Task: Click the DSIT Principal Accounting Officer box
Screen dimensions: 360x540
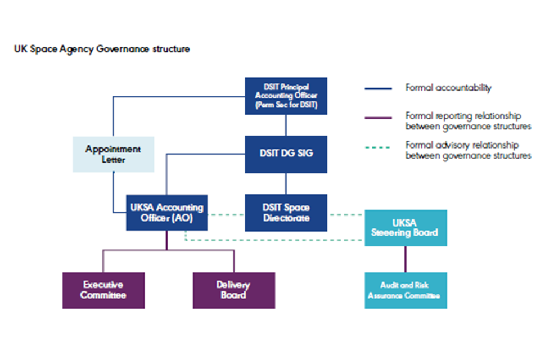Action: click(286, 96)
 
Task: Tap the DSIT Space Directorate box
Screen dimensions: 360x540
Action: click(286, 213)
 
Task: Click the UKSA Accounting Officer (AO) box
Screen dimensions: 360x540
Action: click(166, 213)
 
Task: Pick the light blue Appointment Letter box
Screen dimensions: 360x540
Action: click(113, 154)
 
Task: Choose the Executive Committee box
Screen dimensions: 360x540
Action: click(103, 290)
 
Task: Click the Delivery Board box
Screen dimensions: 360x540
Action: click(233, 290)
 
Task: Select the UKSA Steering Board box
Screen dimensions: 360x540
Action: click(406, 228)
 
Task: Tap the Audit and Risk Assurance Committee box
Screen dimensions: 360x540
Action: click(406, 290)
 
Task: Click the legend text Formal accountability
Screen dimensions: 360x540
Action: click(448, 88)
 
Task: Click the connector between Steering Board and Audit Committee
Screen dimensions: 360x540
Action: click(406, 259)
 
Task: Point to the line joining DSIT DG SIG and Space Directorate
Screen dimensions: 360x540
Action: click(286, 183)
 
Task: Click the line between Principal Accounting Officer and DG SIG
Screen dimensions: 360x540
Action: click(286, 125)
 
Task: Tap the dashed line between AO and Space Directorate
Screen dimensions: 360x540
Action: click(226, 214)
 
